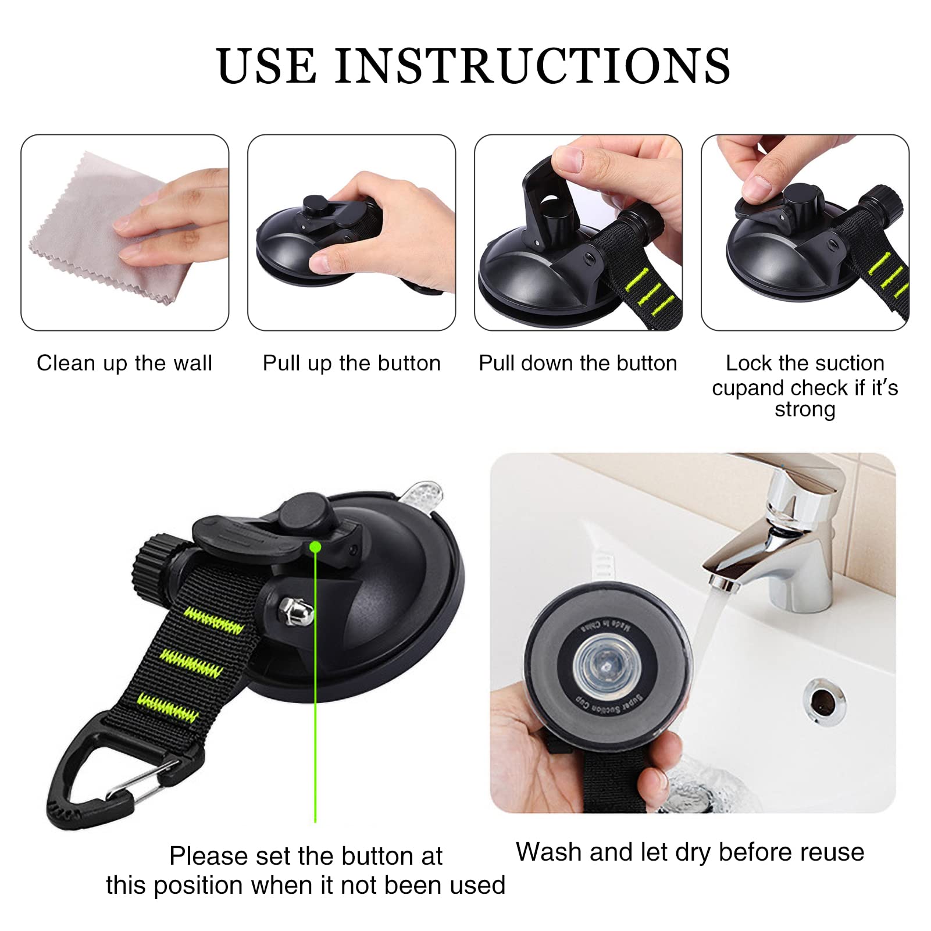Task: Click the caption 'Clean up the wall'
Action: (124, 363)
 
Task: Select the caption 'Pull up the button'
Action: (351, 363)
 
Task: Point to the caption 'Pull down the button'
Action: (577, 363)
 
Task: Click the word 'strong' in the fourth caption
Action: (805, 409)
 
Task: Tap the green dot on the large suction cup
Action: (315, 547)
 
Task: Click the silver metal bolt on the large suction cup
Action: (296, 611)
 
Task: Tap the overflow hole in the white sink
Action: (825, 700)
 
